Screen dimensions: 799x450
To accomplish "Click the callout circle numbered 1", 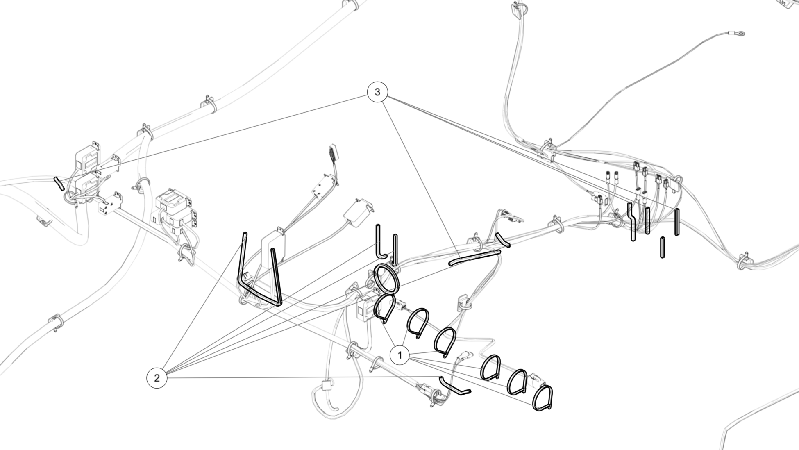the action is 399,355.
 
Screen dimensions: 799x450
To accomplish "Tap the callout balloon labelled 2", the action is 157,378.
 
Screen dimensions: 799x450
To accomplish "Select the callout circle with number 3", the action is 377,92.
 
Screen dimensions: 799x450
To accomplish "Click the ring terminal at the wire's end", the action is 740,34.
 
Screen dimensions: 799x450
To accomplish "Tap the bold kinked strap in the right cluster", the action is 631,221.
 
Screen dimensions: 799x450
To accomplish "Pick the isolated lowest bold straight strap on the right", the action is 663,248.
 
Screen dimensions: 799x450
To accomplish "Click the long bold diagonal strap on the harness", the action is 474,258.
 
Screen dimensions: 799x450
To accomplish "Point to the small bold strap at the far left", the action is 59,184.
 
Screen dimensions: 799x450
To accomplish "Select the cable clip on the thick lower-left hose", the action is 56,323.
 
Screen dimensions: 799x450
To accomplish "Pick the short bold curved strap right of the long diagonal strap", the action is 503,240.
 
